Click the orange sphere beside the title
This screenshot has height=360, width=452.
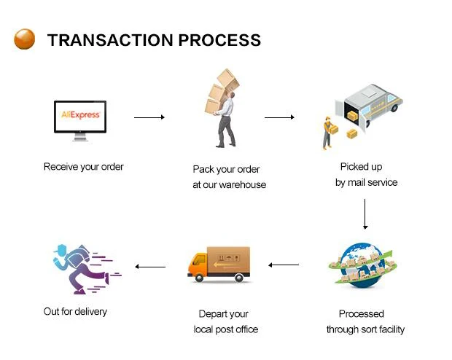pos(24,39)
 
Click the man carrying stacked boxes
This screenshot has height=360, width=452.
pos(225,109)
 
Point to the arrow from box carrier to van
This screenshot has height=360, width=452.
pos(278,117)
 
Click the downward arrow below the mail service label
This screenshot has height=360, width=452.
pos(365,214)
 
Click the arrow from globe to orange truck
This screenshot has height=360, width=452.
pos(284,265)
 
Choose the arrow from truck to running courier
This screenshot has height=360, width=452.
pos(150,267)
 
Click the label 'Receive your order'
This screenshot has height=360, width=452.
pos(84,167)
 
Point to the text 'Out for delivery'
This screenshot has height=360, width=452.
pos(75,312)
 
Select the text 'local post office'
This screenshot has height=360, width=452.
pos(226,329)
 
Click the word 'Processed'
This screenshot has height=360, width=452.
pos(361,314)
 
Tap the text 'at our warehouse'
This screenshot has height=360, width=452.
pos(229,185)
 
